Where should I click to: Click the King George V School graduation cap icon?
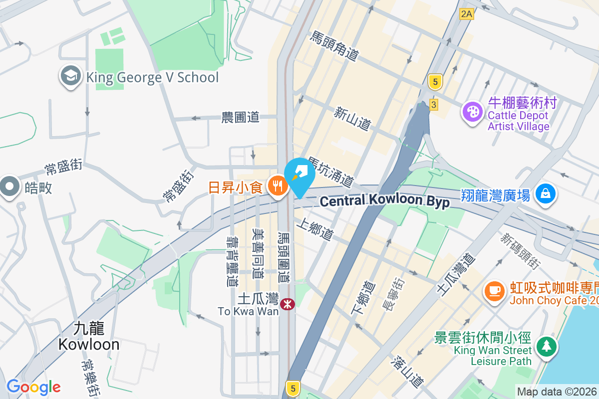[71, 77]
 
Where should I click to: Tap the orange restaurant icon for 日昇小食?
[276, 187]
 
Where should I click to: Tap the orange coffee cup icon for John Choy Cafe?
[495, 291]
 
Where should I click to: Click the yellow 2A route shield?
[466, 14]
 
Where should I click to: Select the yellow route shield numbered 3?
[433, 104]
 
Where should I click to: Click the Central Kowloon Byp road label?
[384, 201]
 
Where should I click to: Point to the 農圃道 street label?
[241, 118]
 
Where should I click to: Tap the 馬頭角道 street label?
[334, 46]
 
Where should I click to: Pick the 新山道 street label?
[353, 119]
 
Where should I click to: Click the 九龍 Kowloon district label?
[89, 336]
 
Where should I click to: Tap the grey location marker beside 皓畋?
[9, 187]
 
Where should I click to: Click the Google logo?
[33, 387]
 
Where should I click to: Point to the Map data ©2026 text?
[556, 392]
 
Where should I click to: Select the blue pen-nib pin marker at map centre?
[299, 175]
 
